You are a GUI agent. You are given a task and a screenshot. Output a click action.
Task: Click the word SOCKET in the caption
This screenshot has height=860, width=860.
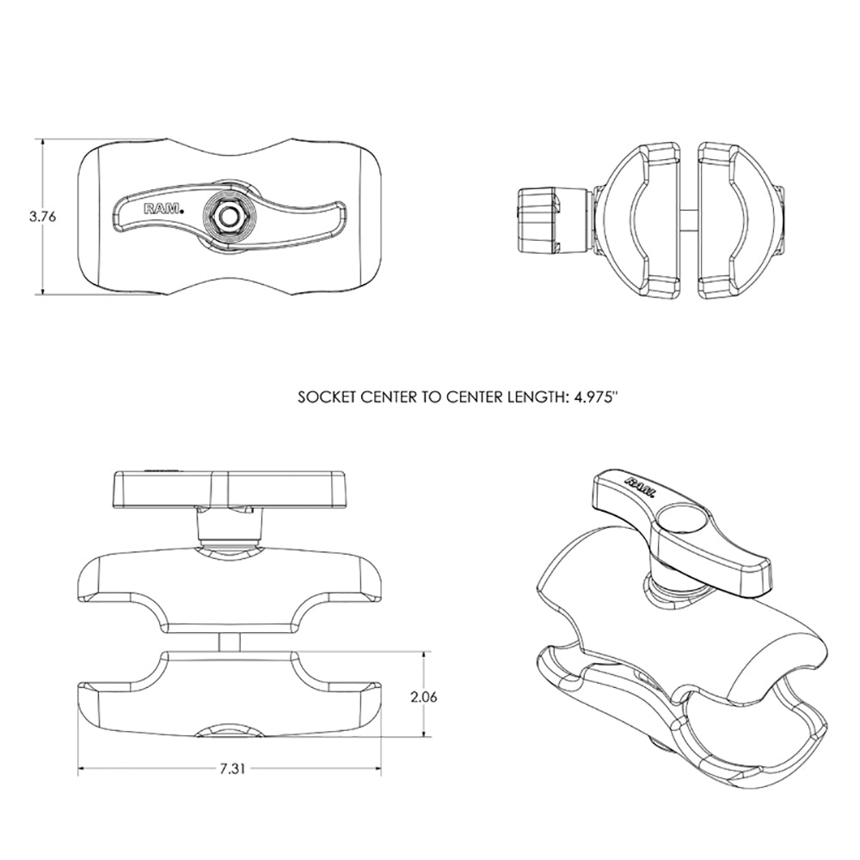[x=324, y=398]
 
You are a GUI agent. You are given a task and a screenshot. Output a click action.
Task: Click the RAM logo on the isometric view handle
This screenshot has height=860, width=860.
[x=640, y=486]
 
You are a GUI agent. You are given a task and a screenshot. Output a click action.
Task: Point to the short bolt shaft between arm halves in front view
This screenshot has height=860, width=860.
[x=229, y=642]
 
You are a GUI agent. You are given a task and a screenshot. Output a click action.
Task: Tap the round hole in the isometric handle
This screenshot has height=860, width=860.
[x=687, y=519]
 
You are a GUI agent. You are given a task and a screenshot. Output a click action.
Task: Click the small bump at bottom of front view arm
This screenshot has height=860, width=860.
[x=230, y=732]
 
